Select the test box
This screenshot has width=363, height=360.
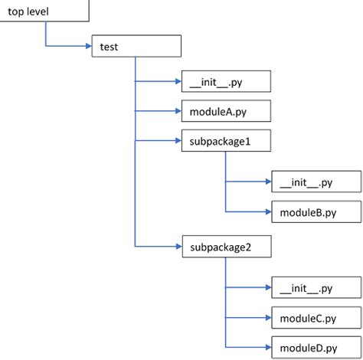click(x=136, y=47)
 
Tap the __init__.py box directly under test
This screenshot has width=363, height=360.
click(x=225, y=81)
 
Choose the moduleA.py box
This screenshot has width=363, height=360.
click(x=225, y=112)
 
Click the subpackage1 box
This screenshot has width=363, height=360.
click(x=225, y=142)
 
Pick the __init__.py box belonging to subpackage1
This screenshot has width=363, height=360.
click(x=315, y=182)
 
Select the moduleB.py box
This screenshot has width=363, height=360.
click(x=315, y=211)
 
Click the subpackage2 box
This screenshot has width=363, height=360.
click(x=225, y=247)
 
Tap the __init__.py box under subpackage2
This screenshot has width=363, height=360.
click(x=315, y=288)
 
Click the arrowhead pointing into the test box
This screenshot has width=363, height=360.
click(x=87, y=47)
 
